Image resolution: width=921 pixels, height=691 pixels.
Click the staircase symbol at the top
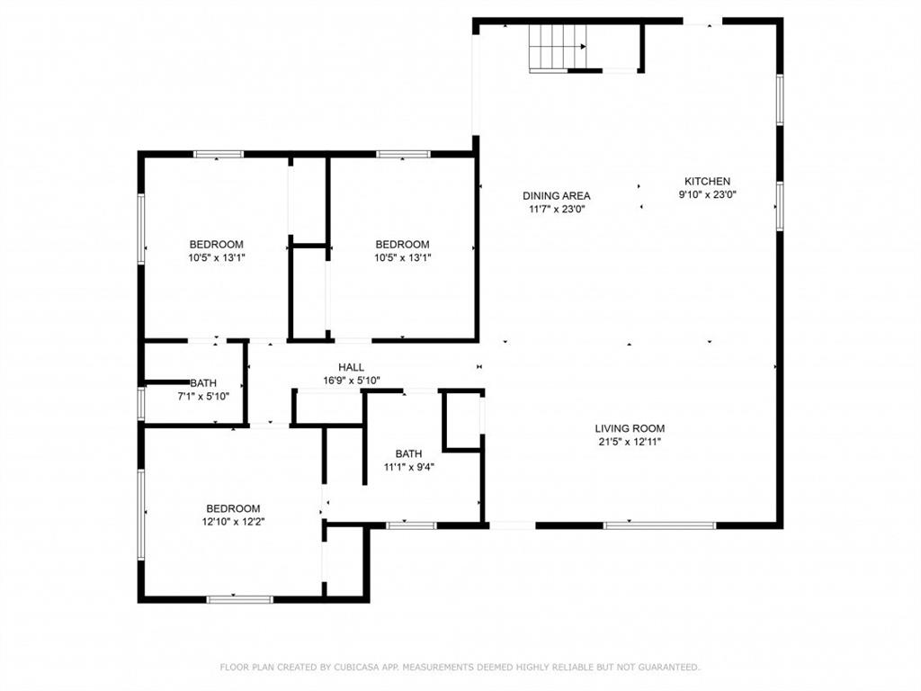click(558, 47)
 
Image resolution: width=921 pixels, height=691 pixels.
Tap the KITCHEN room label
click(707, 181)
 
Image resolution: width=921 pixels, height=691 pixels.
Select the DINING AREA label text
click(557, 195)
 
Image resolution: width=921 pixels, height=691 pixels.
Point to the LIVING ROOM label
click(630, 428)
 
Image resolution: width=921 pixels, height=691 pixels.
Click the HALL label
click(351, 367)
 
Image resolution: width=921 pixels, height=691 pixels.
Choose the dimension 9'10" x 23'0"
click(707, 194)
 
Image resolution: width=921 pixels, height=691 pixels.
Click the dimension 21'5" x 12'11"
click(630, 442)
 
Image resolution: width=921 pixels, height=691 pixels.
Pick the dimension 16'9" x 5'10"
click(351, 381)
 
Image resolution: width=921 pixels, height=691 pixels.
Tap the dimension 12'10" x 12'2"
click(233, 521)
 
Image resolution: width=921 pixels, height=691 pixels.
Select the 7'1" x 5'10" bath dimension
click(203, 396)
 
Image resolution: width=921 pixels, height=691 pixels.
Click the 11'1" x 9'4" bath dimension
click(408, 467)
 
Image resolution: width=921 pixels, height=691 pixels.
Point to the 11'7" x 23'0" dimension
click(557, 209)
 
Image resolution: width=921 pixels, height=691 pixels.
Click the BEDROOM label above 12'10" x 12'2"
click(233, 507)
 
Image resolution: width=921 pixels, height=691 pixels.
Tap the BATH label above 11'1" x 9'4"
click(408, 453)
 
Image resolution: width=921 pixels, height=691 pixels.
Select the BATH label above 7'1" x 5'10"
click(203, 382)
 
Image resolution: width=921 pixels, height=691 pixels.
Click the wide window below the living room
click(659, 525)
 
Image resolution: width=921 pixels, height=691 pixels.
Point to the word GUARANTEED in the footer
click(666, 668)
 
